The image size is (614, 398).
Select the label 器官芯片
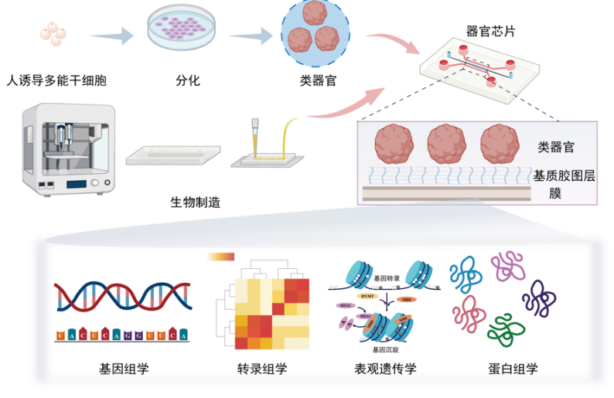click(491, 32)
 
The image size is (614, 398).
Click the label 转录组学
click(262, 369)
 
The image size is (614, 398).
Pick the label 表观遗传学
click(385, 369)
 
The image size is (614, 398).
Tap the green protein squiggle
click(507, 328)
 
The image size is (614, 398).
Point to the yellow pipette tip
click(254, 138)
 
